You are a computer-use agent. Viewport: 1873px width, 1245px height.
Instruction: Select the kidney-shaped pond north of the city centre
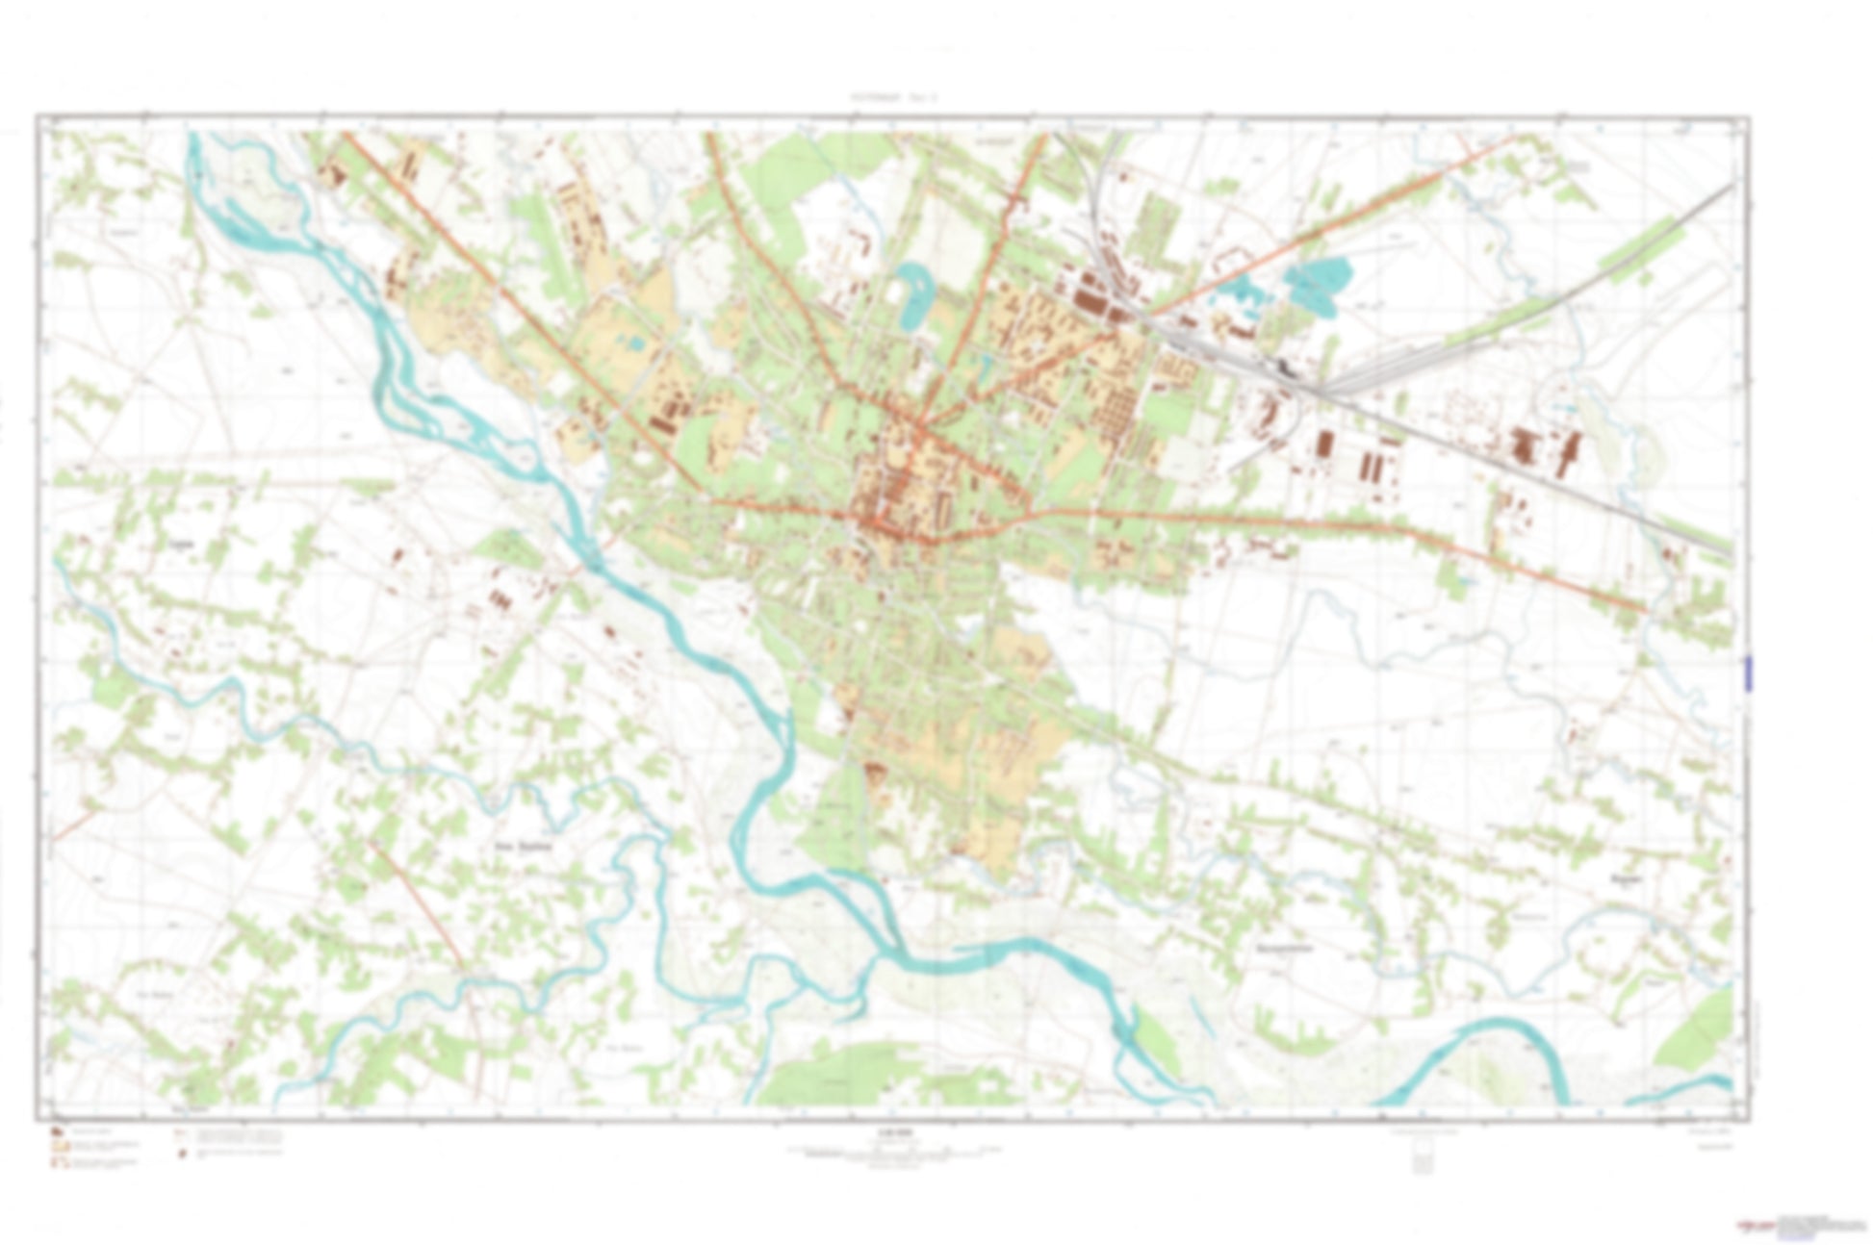(911, 289)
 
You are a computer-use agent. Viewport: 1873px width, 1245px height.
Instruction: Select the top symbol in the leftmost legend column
(57, 1131)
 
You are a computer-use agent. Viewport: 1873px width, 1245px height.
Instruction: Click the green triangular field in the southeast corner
(1699, 1034)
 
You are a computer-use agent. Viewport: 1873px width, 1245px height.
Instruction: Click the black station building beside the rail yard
(1285, 368)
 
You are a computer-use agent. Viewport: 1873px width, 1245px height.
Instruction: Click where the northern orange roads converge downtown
(919, 423)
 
